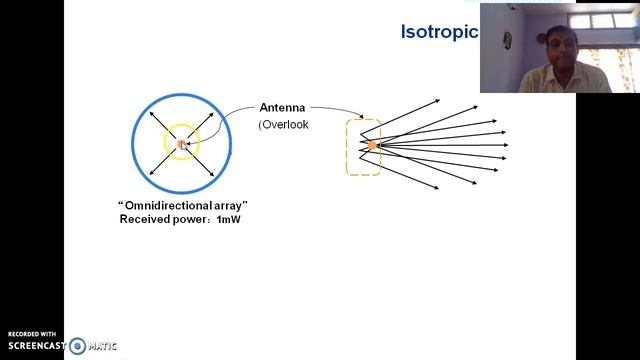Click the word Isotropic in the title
click(439, 32)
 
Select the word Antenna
click(282, 107)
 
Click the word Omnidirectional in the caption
click(171, 205)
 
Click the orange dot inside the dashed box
click(372, 146)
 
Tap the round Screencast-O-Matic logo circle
click(77, 347)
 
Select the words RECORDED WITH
click(32, 334)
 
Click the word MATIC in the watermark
click(102, 347)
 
